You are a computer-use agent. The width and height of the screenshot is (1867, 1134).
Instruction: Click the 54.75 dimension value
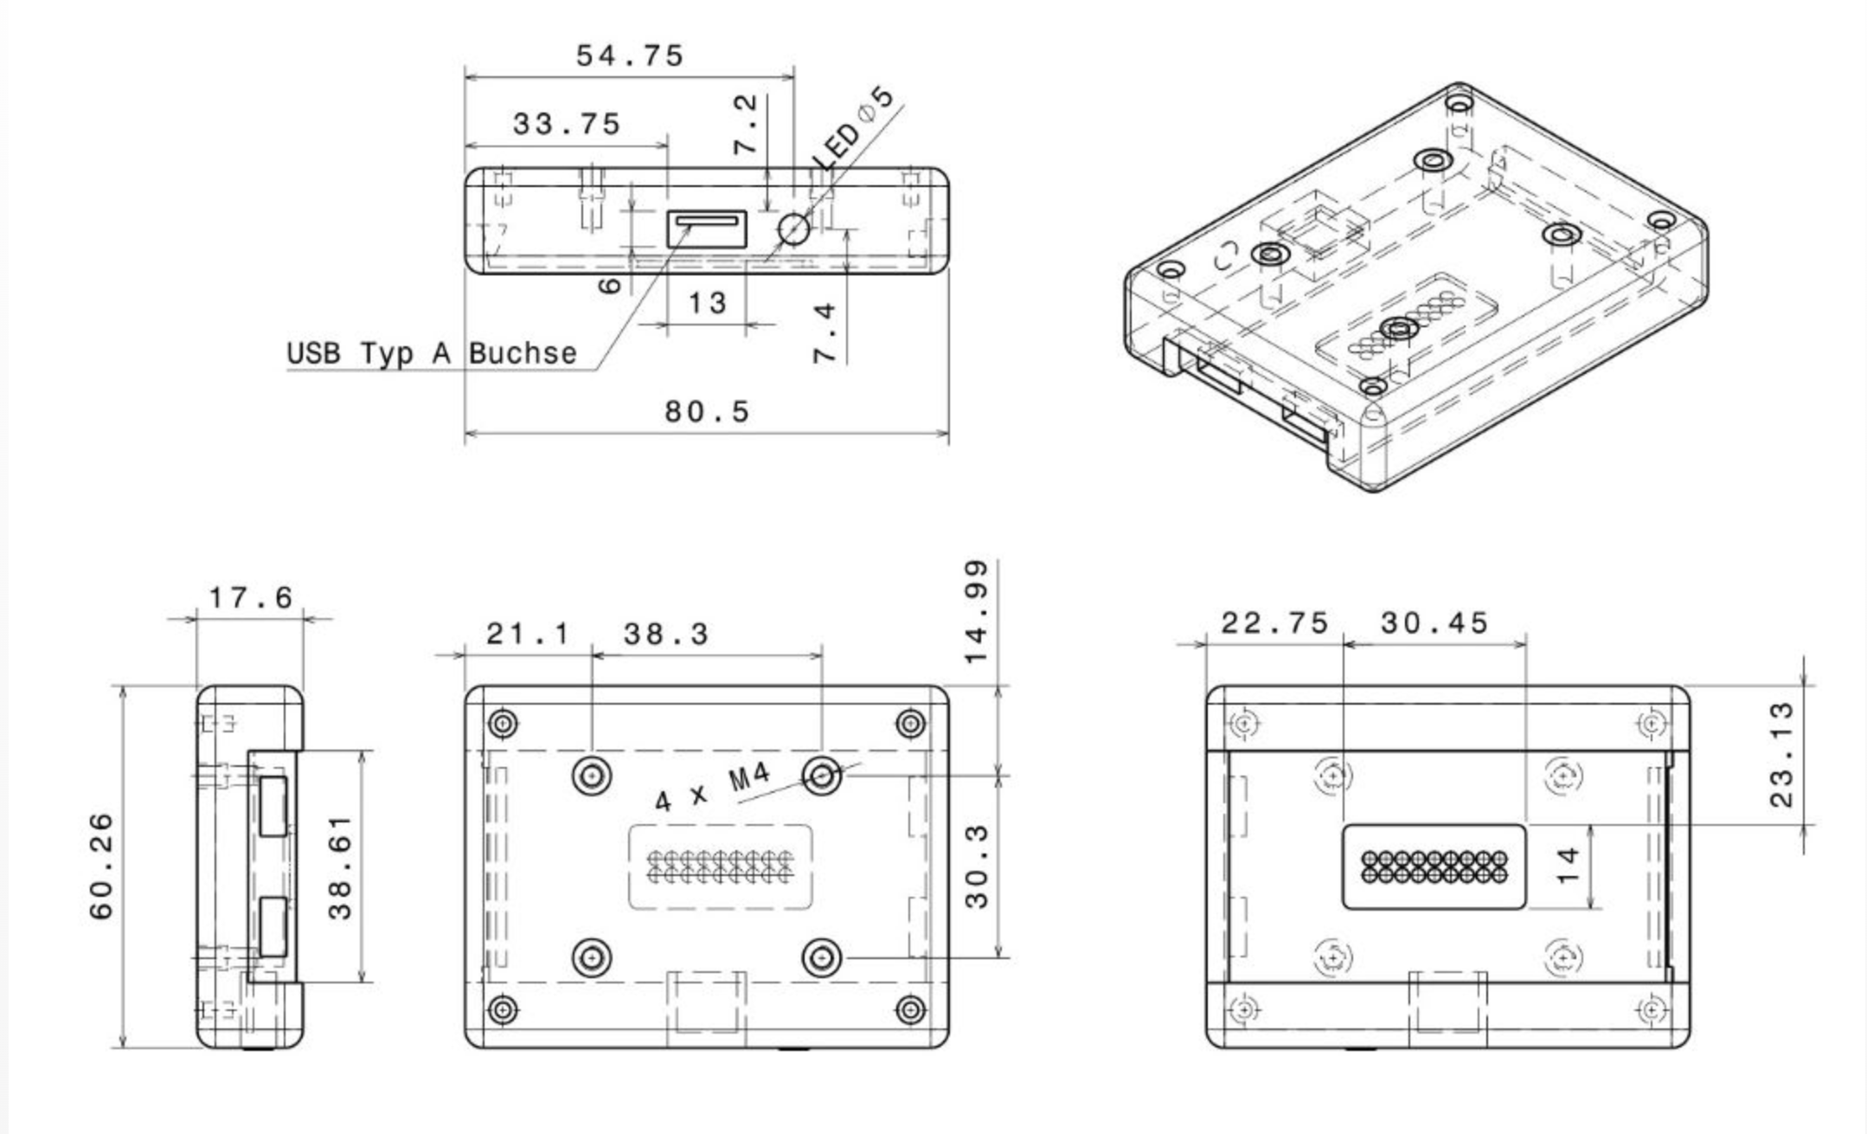tap(630, 56)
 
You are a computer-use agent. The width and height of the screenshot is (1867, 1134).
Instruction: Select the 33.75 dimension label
tap(567, 125)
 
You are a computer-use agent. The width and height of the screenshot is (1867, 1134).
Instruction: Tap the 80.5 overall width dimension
tap(707, 411)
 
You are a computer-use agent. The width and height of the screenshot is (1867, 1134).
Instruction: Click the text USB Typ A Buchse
tap(432, 353)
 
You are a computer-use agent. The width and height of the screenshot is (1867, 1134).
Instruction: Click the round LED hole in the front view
tap(793, 229)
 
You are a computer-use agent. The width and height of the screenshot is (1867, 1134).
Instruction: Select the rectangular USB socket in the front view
tap(706, 229)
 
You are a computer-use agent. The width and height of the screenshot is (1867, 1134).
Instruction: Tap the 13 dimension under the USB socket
tap(707, 303)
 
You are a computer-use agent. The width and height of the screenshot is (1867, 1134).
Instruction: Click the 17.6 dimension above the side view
tap(251, 597)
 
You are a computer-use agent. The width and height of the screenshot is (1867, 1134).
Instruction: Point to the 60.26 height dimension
tap(102, 867)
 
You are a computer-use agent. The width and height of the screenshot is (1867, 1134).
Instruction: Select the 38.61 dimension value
tap(340, 867)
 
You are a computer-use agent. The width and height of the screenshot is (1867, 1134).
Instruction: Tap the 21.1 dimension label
tap(528, 635)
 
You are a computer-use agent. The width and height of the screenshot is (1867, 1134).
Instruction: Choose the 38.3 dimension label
tap(666, 635)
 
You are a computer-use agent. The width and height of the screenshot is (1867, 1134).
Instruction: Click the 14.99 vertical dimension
tap(976, 612)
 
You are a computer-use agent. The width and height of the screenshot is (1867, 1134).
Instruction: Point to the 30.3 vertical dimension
tap(976, 867)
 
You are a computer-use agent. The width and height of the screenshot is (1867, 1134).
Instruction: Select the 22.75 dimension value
tap(1274, 623)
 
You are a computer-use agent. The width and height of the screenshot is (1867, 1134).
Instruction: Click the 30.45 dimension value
tap(1434, 623)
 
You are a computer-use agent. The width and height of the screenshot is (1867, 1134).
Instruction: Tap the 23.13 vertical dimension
tap(1782, 754)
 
